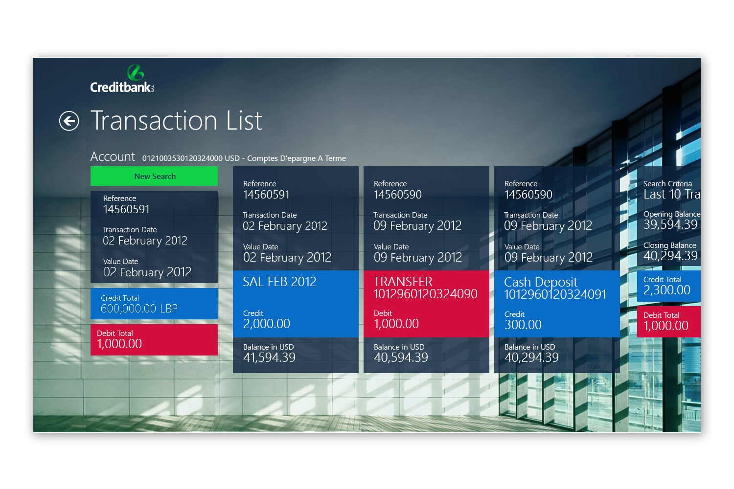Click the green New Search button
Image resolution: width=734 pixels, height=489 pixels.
click(x=154, y=176)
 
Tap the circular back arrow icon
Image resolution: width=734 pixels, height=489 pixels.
click(x=69, y=121)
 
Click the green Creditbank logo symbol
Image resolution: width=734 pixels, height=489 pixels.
click(x=136, y=72)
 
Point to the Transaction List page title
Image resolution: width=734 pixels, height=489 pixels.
click(x=176, y=120)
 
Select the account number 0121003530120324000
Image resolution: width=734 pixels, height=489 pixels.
click(x=182, y=158)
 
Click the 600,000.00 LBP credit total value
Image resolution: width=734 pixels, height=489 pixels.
click(x=139, y=309)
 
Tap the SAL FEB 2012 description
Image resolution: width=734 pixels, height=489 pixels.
click(x=279, y=282)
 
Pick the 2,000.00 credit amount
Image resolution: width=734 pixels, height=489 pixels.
click(x=266, y=324)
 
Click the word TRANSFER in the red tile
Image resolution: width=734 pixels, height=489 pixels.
click(x=403, y=282)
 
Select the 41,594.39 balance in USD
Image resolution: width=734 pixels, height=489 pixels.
click(x=269, y=357)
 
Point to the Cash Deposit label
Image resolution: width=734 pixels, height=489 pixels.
click(x=541, y=282)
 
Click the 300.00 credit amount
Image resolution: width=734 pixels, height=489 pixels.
click(x=523, y=325)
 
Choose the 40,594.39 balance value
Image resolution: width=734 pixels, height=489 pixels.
click(x=401, y=357)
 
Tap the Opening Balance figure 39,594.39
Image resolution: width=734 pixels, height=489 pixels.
click(x=670, y=224)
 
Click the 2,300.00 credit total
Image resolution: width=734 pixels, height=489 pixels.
click(x=667, y=290)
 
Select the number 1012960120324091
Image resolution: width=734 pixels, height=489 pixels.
click(x=555, y=294)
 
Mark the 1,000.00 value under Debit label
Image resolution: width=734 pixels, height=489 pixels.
click(x=396, y=324)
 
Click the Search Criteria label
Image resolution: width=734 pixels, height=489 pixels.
click(x=667, y=184)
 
